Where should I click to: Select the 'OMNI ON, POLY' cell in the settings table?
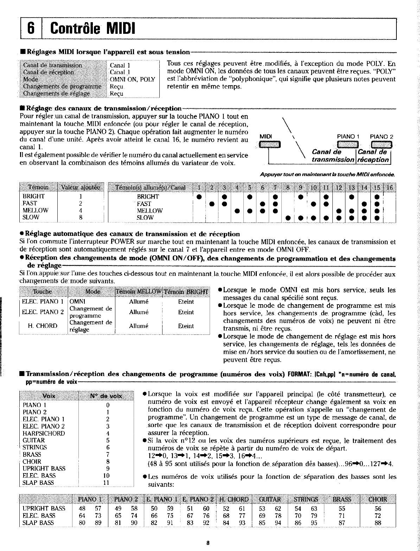[x=133, y=80]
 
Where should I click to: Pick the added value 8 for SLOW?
[x=81, y=217]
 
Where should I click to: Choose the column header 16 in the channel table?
[x=389, y=187]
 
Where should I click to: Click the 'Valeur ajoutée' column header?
[x=81, y=187]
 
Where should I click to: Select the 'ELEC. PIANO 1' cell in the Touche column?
[x=43, y=302]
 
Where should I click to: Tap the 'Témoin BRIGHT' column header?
[x=186, y=292]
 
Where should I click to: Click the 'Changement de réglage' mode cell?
[x=91, y=326]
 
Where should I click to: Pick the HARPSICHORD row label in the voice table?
[x=44, y=433]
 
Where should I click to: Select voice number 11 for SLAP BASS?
[x=108, y=483]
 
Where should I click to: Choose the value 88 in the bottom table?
[x=378, y=523]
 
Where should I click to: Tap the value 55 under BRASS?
[x=342, y=508]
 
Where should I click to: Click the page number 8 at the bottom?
[x=208, y=543]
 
